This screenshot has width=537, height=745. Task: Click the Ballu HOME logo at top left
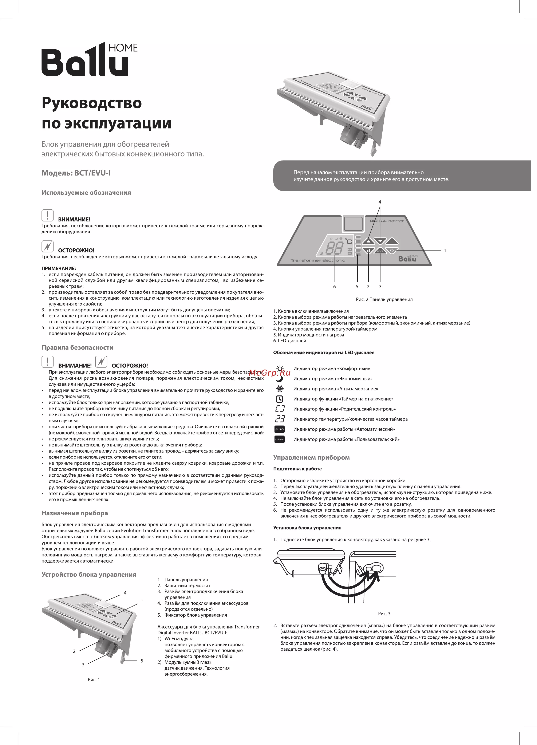[x=89, y=59]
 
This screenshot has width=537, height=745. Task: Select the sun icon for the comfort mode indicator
[x=280, y=368]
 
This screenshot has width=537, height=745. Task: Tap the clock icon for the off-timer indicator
[x=280, y=399]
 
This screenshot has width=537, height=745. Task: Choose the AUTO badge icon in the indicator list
[x=280, y=429]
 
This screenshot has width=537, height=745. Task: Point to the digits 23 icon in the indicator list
[x=280, y=419]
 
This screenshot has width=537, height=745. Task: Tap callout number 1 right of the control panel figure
[x=445, y=250]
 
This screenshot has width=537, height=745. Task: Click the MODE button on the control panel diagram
[x=380, y=251]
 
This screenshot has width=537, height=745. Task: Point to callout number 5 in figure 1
[x=142, y=661]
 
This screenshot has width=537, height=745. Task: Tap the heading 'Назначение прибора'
[x=75, y=513]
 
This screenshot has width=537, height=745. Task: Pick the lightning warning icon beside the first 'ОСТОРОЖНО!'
[x=48, y=246]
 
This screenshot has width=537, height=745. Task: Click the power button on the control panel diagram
[x=392, y=251]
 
